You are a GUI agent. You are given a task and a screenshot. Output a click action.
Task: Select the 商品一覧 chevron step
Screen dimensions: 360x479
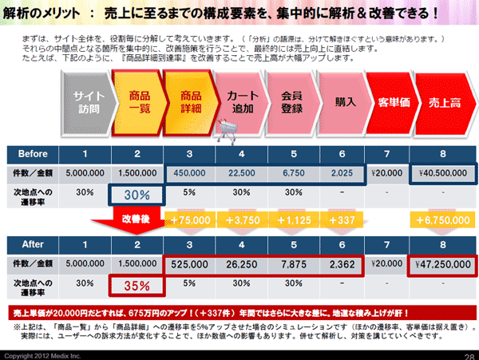[x=138, y=101]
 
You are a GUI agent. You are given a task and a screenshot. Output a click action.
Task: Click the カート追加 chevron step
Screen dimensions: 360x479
[x=243, y=101]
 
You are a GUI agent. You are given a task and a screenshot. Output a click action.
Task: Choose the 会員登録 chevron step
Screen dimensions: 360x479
[x=293, y=101]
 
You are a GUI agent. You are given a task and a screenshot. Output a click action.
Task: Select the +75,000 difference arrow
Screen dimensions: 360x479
[x=189, y=221]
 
